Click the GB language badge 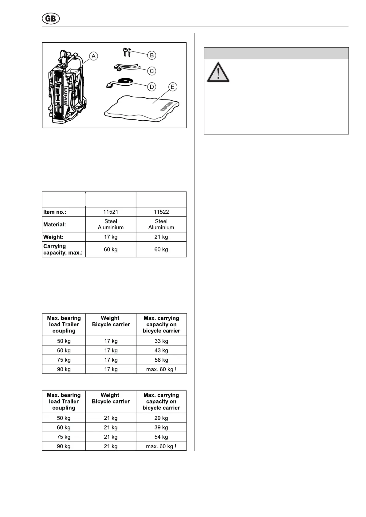point(51,19)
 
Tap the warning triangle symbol point(218,73)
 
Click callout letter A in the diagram point(93,56)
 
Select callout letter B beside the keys point(152,55)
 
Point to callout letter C point(152,71)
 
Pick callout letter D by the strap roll point(152,87)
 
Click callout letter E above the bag point(172,87)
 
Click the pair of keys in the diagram point(127,52)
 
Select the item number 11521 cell point(111,212)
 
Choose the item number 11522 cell point(161,212)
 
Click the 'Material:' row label point(55,224)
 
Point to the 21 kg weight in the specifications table point(161,237)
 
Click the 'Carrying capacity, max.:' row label point(63,249)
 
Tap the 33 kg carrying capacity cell point(161,341)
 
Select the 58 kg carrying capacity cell point(161,360)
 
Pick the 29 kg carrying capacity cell point(161,418)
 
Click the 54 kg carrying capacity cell point(161,437)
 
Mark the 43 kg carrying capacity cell point(161,350)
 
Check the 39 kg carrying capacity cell point(161,427)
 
